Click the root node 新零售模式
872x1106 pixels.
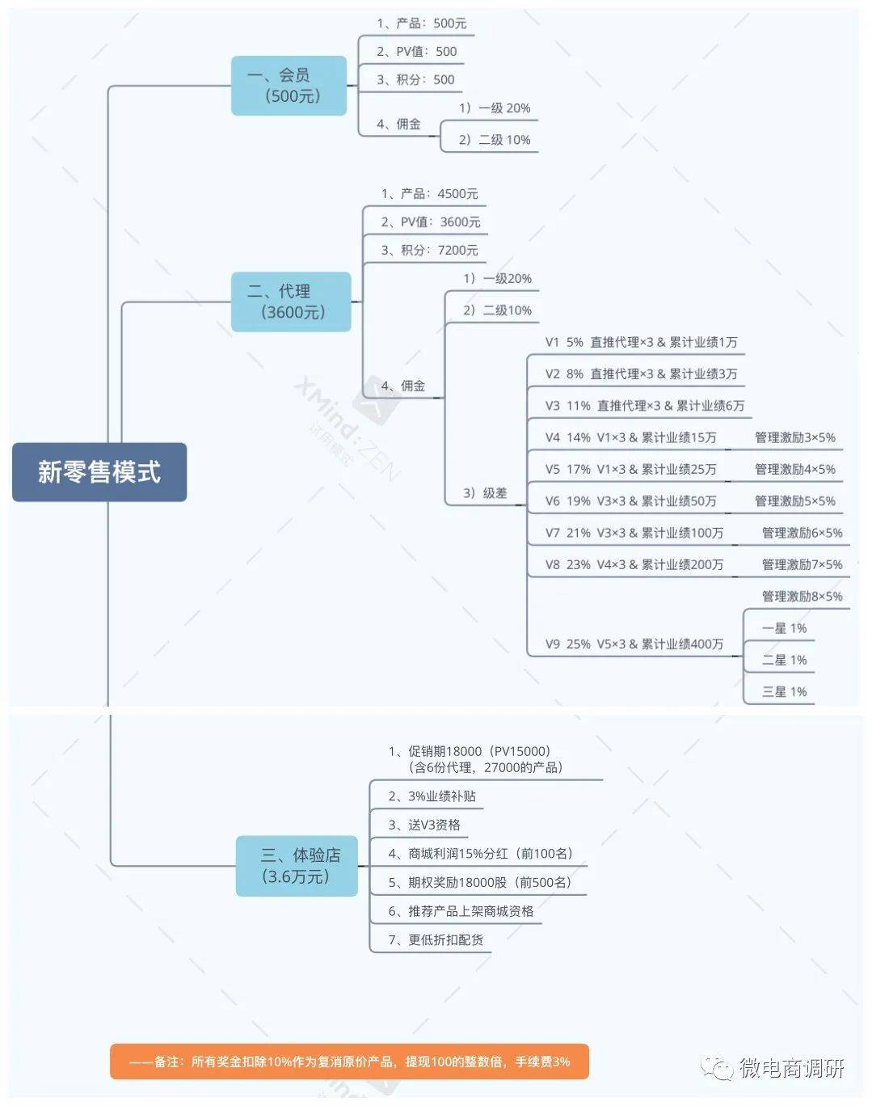coord(99,471)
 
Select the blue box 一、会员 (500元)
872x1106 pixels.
coord(289,86)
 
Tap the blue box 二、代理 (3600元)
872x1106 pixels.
coord(292,302)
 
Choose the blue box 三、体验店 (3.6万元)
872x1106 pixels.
coord(297,866)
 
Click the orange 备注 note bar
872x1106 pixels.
coord(349,1062)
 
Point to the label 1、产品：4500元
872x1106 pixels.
coord(430,194)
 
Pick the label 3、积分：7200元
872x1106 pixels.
coord(430,251)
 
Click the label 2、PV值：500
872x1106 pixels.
coord(417,52)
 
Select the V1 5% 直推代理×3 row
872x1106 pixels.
coord(642,342)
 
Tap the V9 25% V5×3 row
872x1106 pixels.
coord(634,644)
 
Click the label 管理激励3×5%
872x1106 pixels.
coord(795,437)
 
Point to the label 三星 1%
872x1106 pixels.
coord(784,692)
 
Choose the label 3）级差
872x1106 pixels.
coord(485,493)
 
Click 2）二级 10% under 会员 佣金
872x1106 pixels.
coord(495,140)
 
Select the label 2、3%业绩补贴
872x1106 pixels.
coord(432,796)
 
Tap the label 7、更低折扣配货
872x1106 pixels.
coord(436,940)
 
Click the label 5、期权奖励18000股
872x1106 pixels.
coord(480,882)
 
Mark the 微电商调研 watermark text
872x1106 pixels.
coord(792,1067)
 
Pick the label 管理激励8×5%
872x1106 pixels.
coord(802,596)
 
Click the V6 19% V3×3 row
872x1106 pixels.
coord(630,501)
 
